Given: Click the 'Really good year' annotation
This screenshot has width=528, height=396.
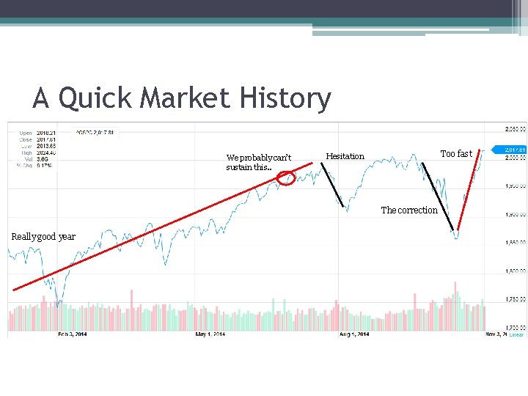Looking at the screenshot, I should point(43,236).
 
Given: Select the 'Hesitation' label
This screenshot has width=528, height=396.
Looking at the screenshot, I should point(345,156).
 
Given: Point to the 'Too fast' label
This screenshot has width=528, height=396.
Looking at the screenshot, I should point(456,154).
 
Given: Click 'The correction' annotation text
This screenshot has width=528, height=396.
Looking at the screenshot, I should point(409,210).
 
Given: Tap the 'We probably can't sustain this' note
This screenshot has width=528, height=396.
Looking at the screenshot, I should point(259,162).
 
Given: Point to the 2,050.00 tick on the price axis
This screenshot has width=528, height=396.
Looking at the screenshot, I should point(516,129).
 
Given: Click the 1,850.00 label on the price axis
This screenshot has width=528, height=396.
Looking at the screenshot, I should point(516,242).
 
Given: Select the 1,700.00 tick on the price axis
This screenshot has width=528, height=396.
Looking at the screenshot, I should point(516,327).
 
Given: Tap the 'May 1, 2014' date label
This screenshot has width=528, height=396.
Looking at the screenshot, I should point(210,334).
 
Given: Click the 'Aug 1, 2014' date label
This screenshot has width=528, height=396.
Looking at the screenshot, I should point(353,334).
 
